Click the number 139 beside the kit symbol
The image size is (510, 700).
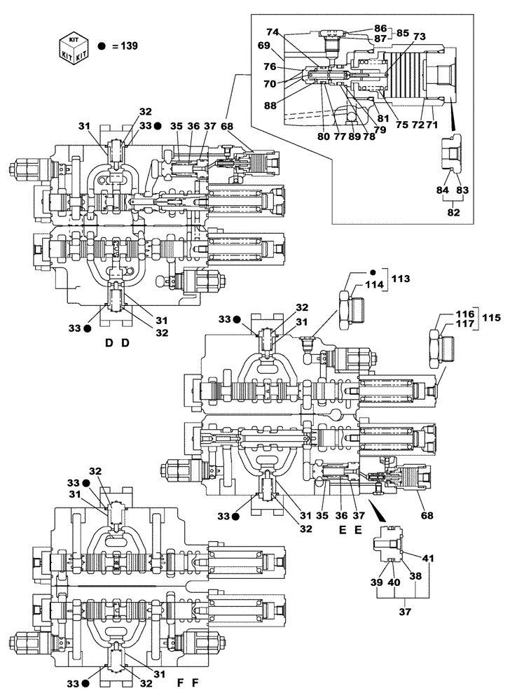(x=128, y=46)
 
